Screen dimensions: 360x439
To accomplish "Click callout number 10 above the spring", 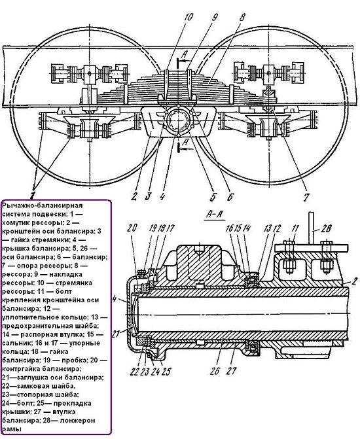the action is click(x=188, y=17).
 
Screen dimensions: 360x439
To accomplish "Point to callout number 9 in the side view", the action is click(x=214, y=18).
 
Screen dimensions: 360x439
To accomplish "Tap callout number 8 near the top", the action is click(x=242, y=18).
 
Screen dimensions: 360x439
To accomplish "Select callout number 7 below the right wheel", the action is click(x=306, y=197).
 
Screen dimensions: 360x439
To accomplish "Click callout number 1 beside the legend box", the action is click(x=33, y=194).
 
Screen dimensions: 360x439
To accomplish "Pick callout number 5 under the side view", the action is click(x=213, y=197).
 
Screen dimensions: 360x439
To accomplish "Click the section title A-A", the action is click(x=215, y=215).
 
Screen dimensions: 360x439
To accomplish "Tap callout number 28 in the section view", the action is click(x=325, y=229).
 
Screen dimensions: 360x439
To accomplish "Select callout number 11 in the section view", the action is click(x=295, y=228).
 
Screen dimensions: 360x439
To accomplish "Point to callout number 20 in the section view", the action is click(x=132, y=228).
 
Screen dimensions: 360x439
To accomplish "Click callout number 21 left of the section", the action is click(x=116, y=334).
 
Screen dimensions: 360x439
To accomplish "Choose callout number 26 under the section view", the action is click(x=215, y=372).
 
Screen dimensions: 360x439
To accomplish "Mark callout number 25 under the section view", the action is click(x=166, y=372).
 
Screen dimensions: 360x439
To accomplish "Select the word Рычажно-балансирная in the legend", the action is click(x=43, y=205).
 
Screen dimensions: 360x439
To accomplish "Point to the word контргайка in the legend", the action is click(x=20, y=369).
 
